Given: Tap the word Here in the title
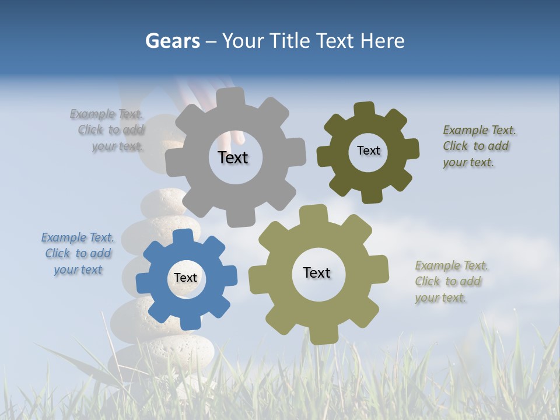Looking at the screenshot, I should click(x=382, y=41).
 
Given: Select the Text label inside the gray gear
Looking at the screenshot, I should click(x=233, y=157).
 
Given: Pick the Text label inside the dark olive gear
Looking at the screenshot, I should click(x=368, y=150).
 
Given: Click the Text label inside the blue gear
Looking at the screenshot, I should click(x=185, y=278).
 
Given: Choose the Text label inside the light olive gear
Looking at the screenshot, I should click(x=317, y=272).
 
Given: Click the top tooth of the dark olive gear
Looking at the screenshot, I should click(x=365, y=109).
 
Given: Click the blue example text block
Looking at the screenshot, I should click(x=78, y=254).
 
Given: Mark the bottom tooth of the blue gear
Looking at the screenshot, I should click(x=189, y=321).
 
